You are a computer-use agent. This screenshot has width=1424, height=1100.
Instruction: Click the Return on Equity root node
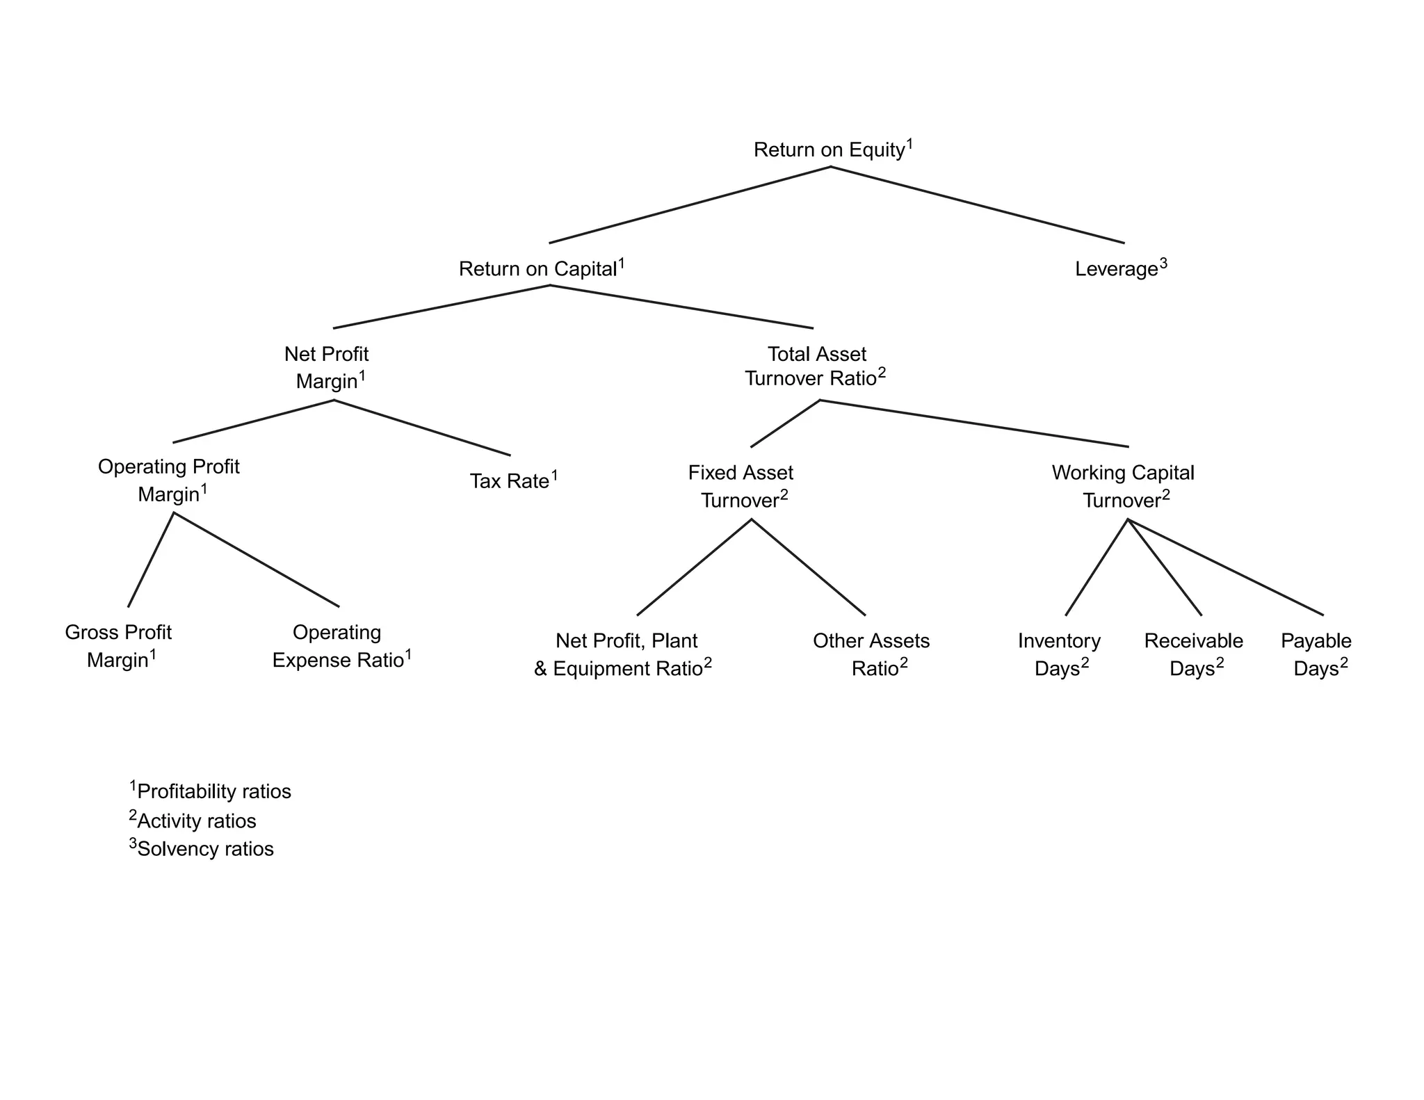(832, 149)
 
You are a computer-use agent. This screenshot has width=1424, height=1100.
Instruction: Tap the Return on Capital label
(541, 268)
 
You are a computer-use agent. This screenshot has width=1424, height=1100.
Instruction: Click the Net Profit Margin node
(327, 368)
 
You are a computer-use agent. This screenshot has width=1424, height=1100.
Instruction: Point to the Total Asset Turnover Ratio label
(815, 366)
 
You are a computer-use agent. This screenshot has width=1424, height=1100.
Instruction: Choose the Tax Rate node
(513, 480)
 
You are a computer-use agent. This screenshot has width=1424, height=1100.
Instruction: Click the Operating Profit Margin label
(169, 480)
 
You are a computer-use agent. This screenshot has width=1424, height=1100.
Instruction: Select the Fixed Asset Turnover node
(741, 486)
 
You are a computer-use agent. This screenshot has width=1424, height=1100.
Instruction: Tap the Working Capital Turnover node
(1124, 486)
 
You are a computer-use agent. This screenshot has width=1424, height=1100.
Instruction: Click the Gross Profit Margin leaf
(118, 646)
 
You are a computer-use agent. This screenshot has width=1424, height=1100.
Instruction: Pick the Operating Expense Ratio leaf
(340, 646)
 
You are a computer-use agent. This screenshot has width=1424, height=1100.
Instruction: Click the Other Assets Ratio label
(871, 654)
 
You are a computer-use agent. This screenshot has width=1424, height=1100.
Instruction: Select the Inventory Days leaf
(1059, 654)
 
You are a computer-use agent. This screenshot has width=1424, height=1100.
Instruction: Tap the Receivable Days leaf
(1194, 654)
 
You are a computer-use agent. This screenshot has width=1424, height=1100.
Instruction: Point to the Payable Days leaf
(1316, 654)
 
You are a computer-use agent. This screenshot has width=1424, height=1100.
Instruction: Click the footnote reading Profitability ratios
(212, 791)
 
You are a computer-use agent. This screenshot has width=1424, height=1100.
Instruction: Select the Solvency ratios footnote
(204, 849)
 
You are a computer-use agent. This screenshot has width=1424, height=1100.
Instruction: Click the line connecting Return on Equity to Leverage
(977, 205)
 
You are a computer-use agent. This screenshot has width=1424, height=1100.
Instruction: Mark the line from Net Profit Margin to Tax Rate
(422, 428)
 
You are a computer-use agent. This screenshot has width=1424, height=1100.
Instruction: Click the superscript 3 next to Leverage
(1163, 263)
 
